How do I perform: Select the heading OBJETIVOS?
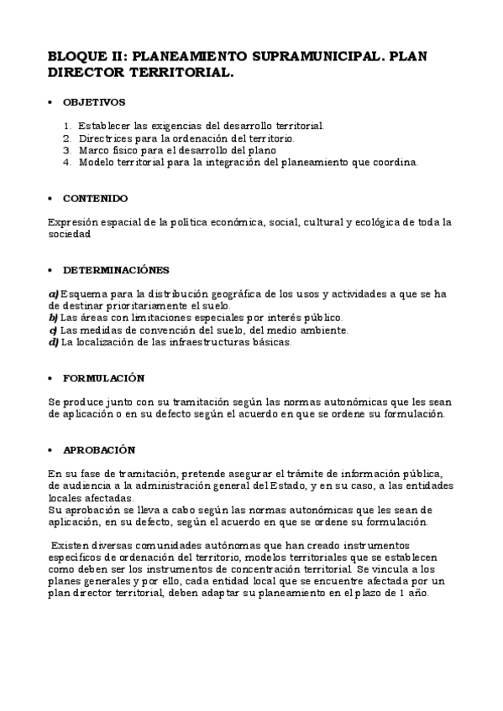pos(94,102)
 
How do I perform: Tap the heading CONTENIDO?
pos(96,199)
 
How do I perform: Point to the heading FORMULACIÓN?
pos(103,378)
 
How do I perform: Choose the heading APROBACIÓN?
pos(99,449)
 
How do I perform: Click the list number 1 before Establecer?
pos(66,126)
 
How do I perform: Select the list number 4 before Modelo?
pos(66,162)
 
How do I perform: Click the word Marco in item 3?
pos(95,150)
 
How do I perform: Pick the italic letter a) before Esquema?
pos(54,293)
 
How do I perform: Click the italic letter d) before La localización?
pos(54,341)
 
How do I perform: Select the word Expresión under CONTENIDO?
pos(75,222)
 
